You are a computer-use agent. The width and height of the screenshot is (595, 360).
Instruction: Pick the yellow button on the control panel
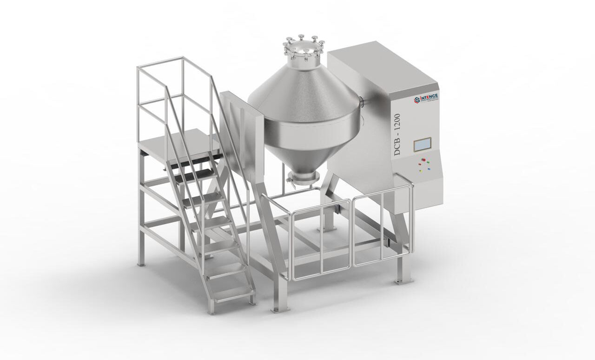(421, 170)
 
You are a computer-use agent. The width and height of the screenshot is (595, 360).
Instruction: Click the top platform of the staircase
(179, 144)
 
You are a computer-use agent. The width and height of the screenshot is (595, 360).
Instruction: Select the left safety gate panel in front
(320, 242)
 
